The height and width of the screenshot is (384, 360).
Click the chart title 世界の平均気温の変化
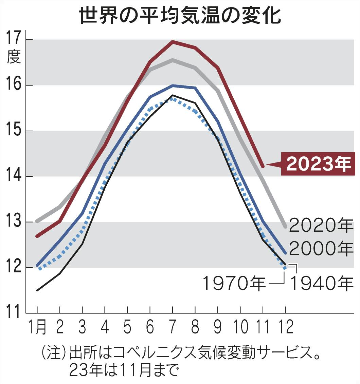[x=180, y=15]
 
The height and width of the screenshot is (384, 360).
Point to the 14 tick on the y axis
[x=13, y=176]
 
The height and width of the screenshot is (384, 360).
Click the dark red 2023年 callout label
[x=318, y=164]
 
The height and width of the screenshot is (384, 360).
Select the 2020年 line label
[x=321, y=225]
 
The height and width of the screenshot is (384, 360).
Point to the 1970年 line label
[x=234, y=283]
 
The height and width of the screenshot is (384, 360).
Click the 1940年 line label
[x=321, y=283]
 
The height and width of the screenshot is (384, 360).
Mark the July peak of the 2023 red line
[x=173, y=42]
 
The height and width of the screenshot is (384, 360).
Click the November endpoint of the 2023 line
[x=263, y=166]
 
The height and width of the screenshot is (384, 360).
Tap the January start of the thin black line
[x=37, y=290]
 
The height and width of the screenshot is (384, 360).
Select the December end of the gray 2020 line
[x=285, y=226]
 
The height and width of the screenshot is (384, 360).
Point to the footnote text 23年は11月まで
[x=124, y=371]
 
